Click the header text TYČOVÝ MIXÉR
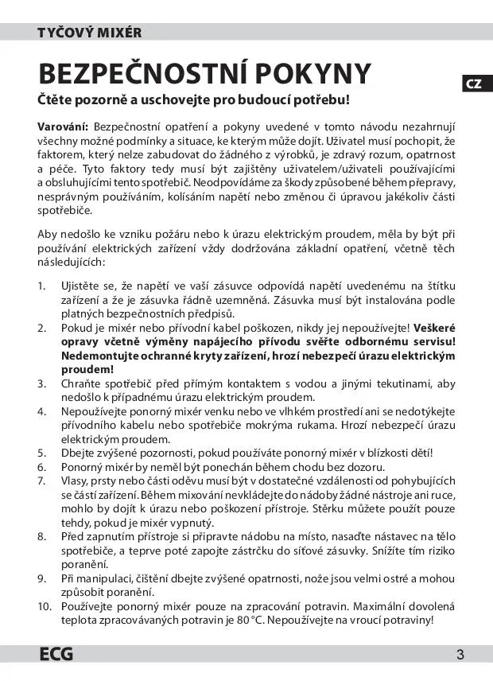coord(89,33)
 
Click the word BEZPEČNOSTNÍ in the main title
coord(143,73)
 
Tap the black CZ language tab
coord(473,84)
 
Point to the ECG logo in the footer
coord(56,655)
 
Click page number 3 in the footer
coord(460,655)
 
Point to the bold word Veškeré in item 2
coord(433,327)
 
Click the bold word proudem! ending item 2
coord(87,369)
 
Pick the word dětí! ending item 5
coord(421,453)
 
